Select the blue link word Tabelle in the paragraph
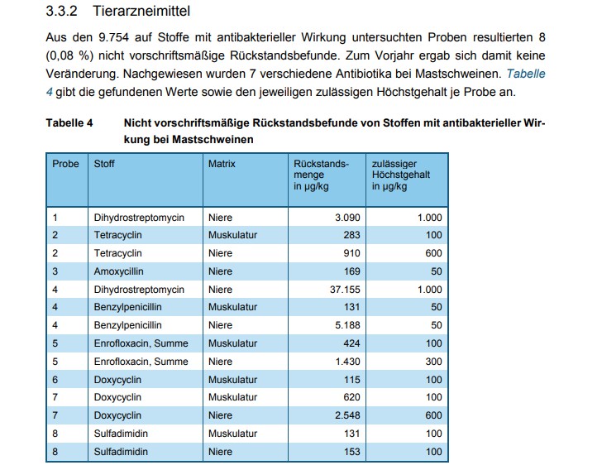(525, 74)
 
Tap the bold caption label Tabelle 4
(69, 123)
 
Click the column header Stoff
(105, 164)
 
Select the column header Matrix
(222, 164)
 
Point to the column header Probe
(65, 164)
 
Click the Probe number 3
(55, 271)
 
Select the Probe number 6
(55, 380)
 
